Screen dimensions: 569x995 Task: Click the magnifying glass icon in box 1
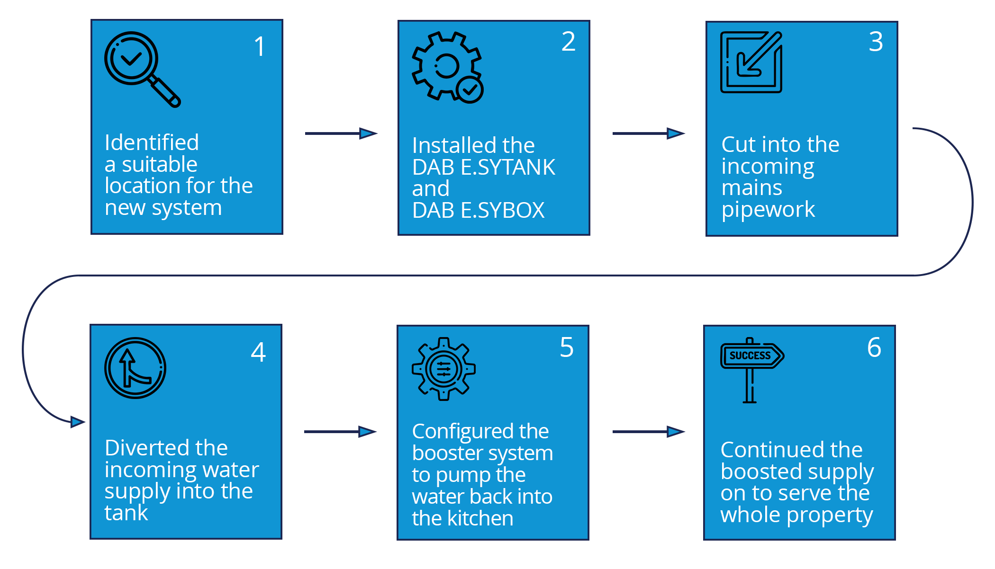[141, 69]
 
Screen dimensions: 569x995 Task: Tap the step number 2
[568, 42]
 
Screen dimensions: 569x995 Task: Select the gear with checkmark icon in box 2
[447, 66]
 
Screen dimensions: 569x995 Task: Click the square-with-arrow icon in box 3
[751, 62]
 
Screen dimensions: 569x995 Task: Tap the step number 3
[876, 42]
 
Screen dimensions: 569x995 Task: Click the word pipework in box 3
[768, 210]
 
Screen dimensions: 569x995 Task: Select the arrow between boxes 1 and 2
[341, 133]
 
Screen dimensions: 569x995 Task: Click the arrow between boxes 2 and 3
[649, 133]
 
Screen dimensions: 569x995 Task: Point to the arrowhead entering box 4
[77, 422]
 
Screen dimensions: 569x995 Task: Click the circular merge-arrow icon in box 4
[135, 368]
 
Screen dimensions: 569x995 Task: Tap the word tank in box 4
[126, 513]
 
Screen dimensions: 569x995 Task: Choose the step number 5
[567, 347]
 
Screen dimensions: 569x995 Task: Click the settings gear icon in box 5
[443, 369]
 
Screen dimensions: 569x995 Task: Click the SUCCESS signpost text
[750, 356]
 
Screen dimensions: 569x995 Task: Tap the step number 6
[874, 347]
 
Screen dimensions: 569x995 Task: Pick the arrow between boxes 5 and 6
[649, 432]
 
